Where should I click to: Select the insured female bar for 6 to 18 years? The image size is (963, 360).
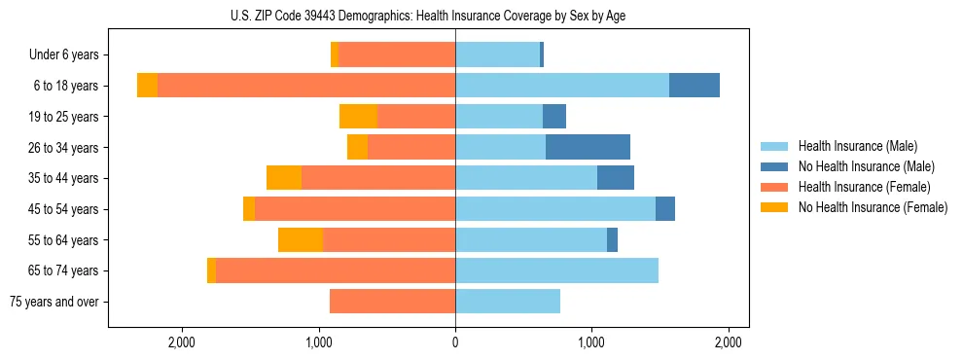[306, 86]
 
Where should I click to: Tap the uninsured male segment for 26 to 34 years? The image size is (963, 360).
[588, 147]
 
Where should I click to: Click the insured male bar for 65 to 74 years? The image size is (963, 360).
[556, 270]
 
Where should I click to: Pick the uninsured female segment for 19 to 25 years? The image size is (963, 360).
[358, 117]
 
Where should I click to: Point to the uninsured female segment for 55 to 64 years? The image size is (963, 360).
[301, 239]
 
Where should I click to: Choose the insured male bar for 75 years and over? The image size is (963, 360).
[508, 302]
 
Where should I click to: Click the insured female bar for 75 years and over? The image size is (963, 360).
[392, 302]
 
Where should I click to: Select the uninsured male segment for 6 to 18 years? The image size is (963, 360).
[695, 86]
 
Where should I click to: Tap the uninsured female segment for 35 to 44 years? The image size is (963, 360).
[284, 178]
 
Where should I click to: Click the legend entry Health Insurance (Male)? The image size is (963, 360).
[857, 146]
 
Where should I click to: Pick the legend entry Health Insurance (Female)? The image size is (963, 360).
[864, 187]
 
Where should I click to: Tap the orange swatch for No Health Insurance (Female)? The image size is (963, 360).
[775, 207]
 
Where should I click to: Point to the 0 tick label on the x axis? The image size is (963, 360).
[455, 342]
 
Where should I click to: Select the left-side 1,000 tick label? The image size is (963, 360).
[319, 342]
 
